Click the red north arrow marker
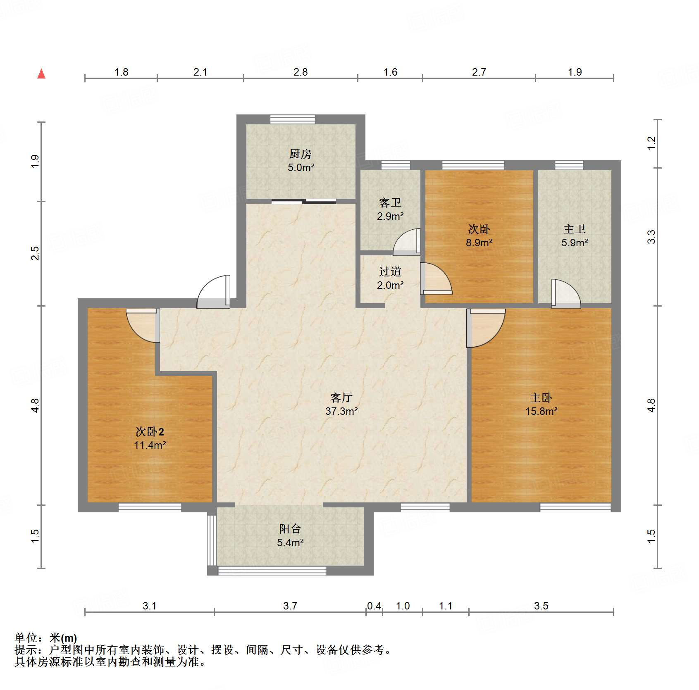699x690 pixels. (41, 74)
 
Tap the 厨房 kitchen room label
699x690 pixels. (301, 154)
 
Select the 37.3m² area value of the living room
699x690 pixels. (341, 411)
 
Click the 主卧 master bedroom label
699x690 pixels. (541, 397)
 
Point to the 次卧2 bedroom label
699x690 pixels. (150, 432)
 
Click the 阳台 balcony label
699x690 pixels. (290, 528)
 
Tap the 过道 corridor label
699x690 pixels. (390, 271)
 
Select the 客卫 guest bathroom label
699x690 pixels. (390, 202)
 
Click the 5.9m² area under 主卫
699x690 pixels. (575, 243)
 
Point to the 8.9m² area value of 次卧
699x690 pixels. (479, 243)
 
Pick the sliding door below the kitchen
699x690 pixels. (304, 202)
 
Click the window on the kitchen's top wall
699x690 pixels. (293, 119)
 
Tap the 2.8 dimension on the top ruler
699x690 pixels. (301, 72)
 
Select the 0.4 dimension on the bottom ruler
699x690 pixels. (374, 606)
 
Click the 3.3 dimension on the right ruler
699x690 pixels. (651, 237)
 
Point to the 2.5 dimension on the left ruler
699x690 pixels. (36, 253)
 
